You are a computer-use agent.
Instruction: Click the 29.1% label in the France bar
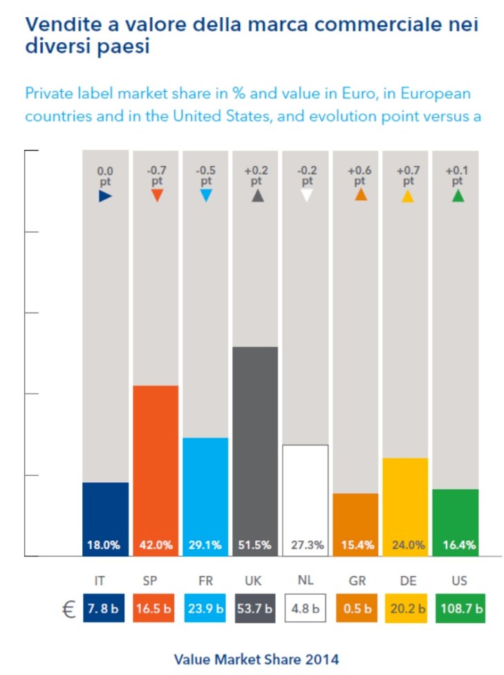click(x=205, y=545)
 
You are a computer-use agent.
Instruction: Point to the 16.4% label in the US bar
click(x=458, y=545)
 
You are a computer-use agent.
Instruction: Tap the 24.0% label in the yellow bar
click(x=408, y=545)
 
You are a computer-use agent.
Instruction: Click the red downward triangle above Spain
click(x=156, y=196)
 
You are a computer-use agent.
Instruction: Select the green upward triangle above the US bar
click(x=458, y=196)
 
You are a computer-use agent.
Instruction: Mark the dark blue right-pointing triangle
click(x=105, y=196)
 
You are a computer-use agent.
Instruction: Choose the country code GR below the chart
click(x=357, y=582)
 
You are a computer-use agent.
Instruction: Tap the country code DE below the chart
click(x=408, y=582)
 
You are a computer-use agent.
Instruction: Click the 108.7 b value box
click(x=460, y=609)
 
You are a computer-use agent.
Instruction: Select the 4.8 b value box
click(x=306, y=609)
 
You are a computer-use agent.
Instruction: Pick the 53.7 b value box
click(x=256, y=609)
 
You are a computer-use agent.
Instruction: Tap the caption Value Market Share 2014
click(x=256, y=659)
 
